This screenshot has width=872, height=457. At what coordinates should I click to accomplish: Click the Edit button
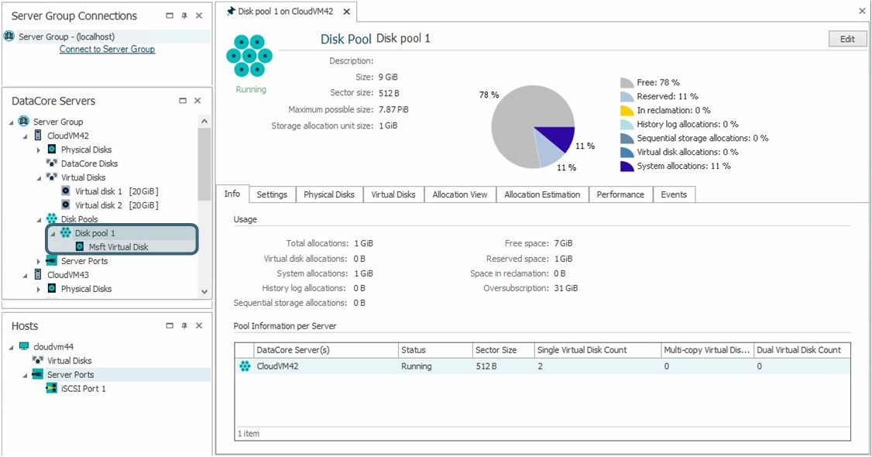[x=847, y=39]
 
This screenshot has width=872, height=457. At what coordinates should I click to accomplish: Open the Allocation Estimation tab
[x=542, y=194]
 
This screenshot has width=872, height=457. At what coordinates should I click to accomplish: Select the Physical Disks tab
[x=329, y=194]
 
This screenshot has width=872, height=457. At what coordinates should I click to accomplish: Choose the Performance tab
[x=620, y=194]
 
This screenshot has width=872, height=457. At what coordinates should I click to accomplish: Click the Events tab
[x=674, y=194]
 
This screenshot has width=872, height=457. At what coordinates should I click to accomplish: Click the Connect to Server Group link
[x=107, y=50]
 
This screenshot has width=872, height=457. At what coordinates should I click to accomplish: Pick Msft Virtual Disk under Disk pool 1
[x=118, y=247]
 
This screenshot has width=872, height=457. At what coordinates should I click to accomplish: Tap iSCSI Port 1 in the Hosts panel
[x=83, y=389]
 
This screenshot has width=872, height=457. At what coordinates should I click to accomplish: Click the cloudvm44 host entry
[x=53, y=347]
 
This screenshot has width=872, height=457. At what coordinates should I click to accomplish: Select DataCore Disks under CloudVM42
[x=89, y=163]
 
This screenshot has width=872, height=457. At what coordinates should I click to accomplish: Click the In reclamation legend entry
[x=673, y=110]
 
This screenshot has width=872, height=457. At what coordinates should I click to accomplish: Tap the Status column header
[x=414, y=350]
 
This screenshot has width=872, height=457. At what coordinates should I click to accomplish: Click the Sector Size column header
[x=496, y=350]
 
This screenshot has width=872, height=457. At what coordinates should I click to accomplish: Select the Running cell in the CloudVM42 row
[x=417, y=366]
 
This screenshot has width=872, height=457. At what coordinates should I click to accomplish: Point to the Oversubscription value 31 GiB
[x=566, y=288]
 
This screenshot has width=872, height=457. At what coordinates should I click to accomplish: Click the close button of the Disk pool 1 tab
[x=345, y=12]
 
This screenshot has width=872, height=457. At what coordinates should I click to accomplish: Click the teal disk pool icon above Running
[x=249, y=56]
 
